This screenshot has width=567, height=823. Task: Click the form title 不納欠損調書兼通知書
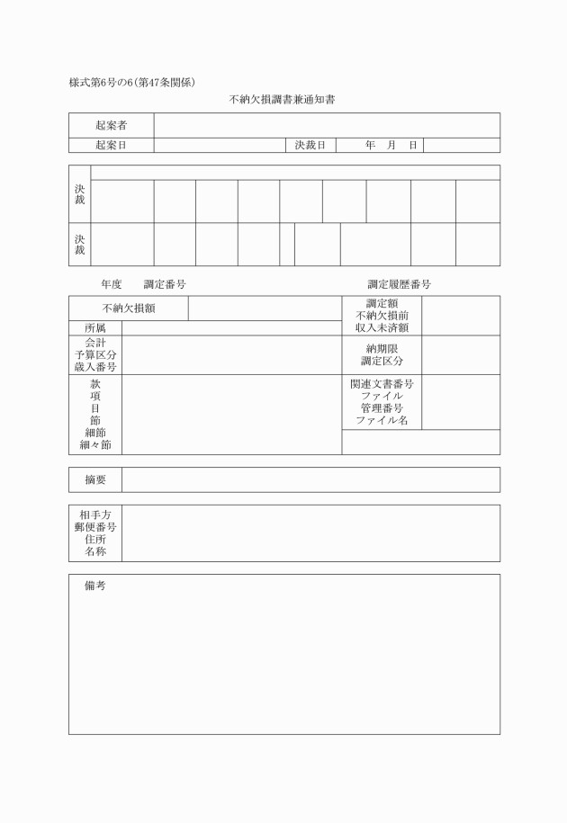point(283,99)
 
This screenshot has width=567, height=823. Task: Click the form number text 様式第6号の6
point(101,83)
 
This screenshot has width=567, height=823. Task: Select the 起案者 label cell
point(111,125)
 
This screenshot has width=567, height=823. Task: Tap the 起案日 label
point(111,145)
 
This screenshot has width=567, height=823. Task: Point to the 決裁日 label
point(310,145)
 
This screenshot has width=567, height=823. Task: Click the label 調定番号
point(164,284)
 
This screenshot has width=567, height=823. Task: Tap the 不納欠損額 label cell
point(128,309)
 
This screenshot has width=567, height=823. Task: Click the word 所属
point(95,328)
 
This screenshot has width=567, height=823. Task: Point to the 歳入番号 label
point(95,367)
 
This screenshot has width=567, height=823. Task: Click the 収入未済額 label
point(382,328)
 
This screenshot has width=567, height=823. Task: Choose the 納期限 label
point(382,348)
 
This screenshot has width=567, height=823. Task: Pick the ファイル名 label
point(382,420)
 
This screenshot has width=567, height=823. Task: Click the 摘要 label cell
point(95,479)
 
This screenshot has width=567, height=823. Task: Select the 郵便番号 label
point(95,526)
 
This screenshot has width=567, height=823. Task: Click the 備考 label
point(95,586)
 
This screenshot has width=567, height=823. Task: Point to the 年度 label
point(111,284)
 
